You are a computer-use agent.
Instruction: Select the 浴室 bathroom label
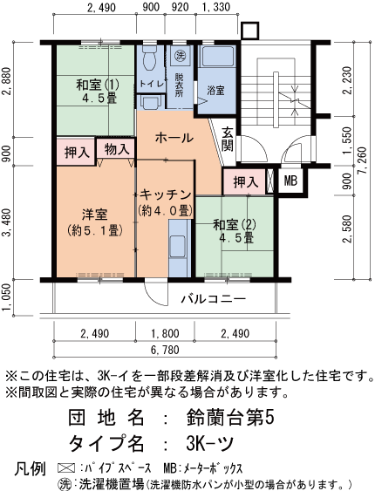coord(215,91)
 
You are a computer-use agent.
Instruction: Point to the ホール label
coord(174,138)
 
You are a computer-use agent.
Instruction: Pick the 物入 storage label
coord(114,150)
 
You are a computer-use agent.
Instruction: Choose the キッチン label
coord(162,194)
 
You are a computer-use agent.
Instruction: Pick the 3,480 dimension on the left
coord(8,226)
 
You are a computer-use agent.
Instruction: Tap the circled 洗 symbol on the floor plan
coord(179,57)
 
